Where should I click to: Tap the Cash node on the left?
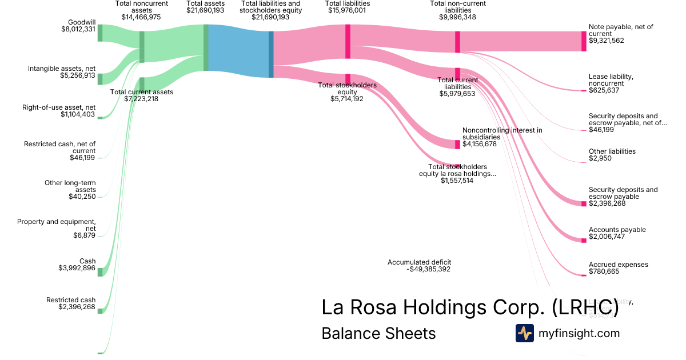pyautogui.click(x=100, y=271)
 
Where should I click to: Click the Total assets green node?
pyautogui.click(x=206, y=48)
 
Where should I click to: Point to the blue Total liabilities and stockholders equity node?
pyautogui.click(x=271, y=54)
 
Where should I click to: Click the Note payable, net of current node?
pyautogui.click(x=584, y=41)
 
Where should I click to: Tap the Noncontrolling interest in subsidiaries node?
pyautogui.click(x=457, y=144)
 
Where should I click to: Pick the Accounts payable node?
pyautogui.click(x=584, y=240)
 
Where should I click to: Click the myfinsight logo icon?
pyautogui.click(x=524, y=333)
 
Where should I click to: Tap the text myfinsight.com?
pyautogui.click(x=579, y=333)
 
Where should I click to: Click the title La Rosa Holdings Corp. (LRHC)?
pyautogui.click(x=470, y=307)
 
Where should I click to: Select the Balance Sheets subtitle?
pyautogui.click(x=378, y=333)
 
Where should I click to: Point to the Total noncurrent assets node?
pyautogui.click(x=142, y=46)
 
